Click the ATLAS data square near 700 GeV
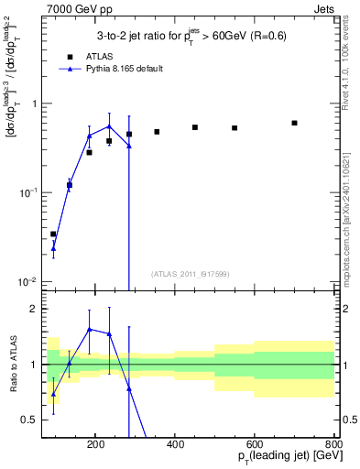coord(294,123)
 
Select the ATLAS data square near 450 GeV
coord(195,127)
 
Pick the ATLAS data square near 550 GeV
coord(235,128)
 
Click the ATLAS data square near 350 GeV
coord(157,132)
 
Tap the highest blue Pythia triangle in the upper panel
coord(109,126)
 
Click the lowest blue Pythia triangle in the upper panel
coord(53,248)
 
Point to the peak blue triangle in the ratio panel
coord(90,329)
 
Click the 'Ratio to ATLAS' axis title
coord(12,364)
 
